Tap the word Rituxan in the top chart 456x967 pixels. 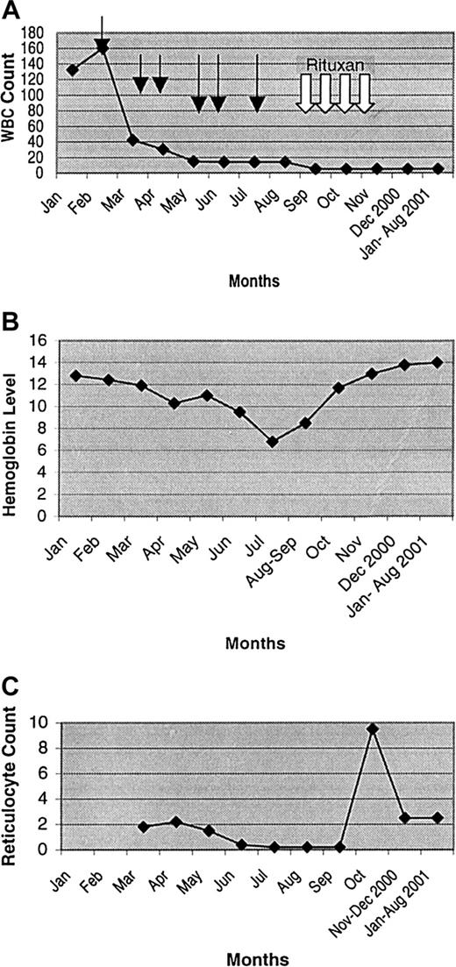pos(336,65)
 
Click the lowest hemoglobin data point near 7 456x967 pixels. pos(273,442)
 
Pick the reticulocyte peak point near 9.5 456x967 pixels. pos(373,729)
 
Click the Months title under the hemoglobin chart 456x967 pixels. pos(255,643)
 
